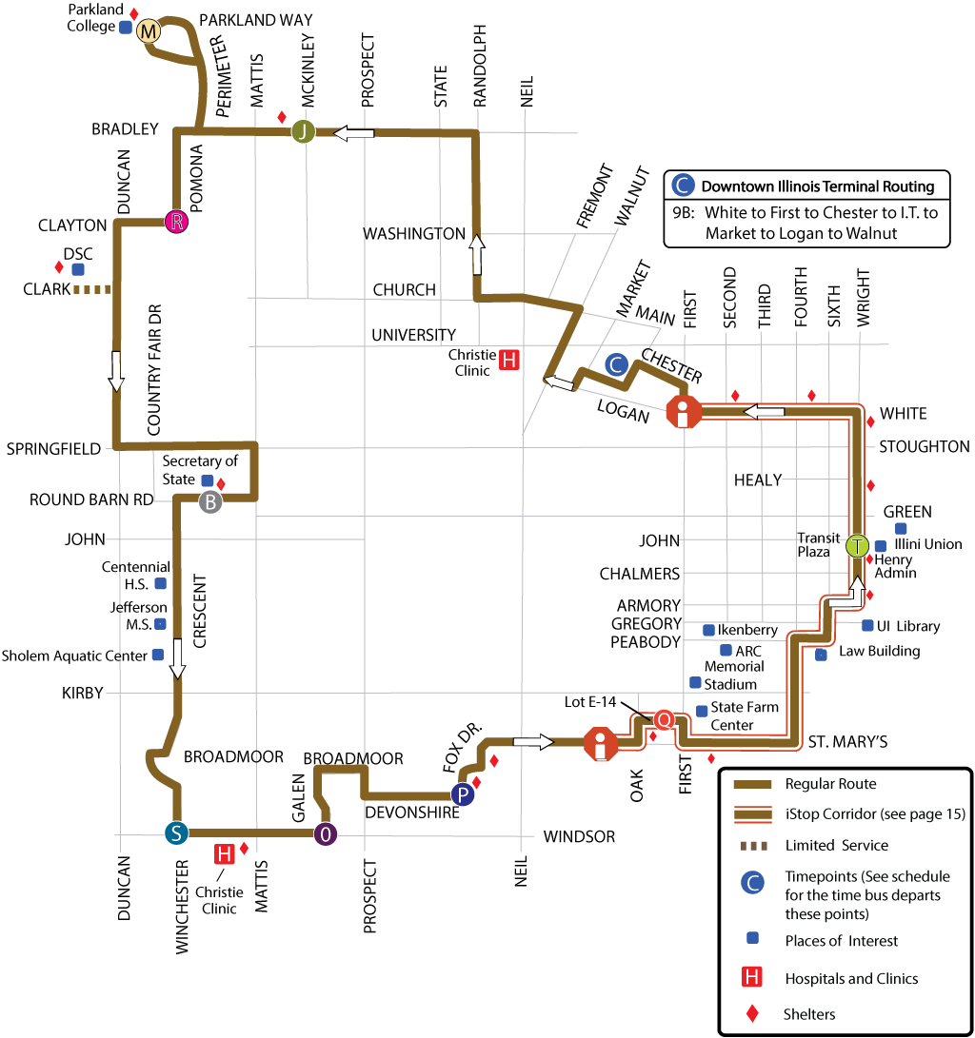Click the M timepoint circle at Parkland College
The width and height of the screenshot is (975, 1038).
(149, 31)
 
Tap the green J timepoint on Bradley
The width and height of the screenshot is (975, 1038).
(303, 132)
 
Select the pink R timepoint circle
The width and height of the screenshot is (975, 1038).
(176, 222)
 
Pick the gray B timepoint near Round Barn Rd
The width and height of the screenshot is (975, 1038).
(210, 502)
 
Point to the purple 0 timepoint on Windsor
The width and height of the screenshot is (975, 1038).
(326, 834)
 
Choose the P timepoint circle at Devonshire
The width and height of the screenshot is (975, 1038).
(463, 794)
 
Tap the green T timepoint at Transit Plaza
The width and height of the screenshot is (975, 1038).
(858, 546)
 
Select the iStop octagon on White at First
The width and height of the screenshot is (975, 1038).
(684, 413)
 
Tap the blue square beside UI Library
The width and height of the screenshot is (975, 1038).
(867, 625)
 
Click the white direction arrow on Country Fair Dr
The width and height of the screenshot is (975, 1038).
(116, 371)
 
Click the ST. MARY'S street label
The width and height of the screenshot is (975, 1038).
(847, 741)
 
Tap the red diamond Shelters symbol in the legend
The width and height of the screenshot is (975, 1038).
(752, 1014)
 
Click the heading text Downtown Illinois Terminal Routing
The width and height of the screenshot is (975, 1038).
(818, 186)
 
